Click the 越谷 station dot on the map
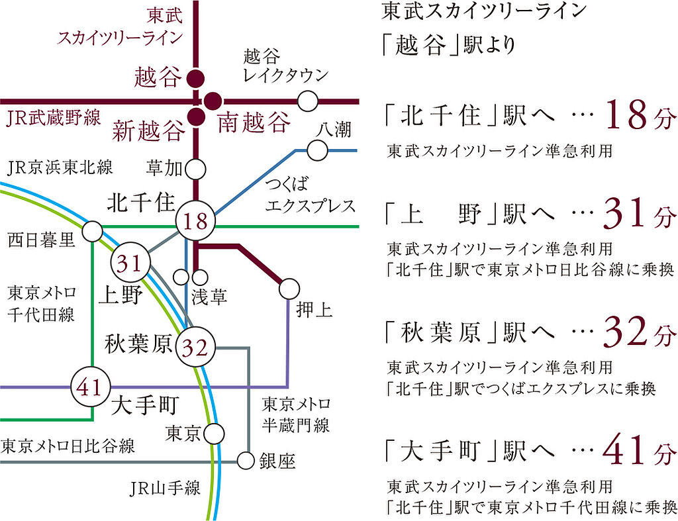click(x=195, y=79)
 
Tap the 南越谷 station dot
click(x=213, y=101)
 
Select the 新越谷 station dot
click(x=195, y=117)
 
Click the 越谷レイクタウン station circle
click(x=307, y=101)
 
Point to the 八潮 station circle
click(x=317, y=150)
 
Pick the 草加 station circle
click(x=195, y=169)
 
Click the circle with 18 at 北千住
click(x=195, y=221)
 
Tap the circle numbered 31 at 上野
click(x=130, y=262)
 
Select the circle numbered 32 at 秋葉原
click(x=195, y=347)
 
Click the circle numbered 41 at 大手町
click(x=90, y=387)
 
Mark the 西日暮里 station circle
click(x=92, y=232)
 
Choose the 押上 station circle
click(x=289, y=289)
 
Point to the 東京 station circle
click(x=214, y=434)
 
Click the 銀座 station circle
click(x=245, y=461)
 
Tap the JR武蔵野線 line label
click(x=54, y=118)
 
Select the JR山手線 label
click(x=165, y=489)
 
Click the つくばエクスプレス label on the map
click(x=310, y=195)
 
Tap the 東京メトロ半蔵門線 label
click(x=296, y=415)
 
